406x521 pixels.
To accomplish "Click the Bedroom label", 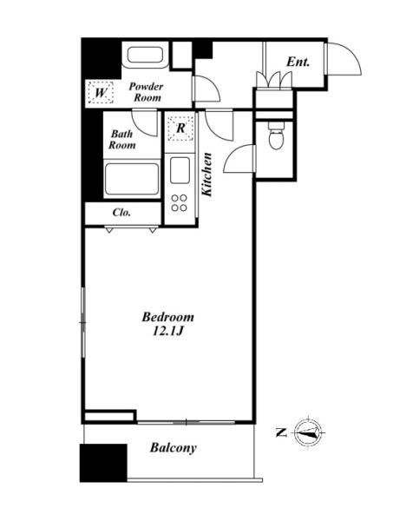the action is coord(168,317).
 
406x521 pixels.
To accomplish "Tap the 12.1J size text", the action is coord(168,332).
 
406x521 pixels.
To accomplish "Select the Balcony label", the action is coord(174,448).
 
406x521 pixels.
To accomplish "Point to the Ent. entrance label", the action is coord(298,62).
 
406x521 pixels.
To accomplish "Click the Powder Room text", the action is coord(146,92).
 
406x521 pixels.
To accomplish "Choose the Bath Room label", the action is coord(122,140).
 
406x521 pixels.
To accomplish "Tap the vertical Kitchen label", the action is coord(207,175).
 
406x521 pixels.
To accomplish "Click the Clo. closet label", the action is coord(121,213).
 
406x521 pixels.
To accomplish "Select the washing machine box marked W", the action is coord(101,92).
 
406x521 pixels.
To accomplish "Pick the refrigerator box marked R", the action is coord(180,128).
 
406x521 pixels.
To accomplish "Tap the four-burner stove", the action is coord(179,203).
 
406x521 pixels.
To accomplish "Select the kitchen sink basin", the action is coord(180,170).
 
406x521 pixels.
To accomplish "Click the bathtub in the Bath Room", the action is coord(132,179).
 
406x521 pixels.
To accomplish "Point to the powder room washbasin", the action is coord(145,56).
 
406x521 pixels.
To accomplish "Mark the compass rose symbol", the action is coord(308,433).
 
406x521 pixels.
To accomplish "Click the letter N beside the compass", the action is coord(282,432).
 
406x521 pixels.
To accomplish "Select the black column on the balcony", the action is coord(103,463).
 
